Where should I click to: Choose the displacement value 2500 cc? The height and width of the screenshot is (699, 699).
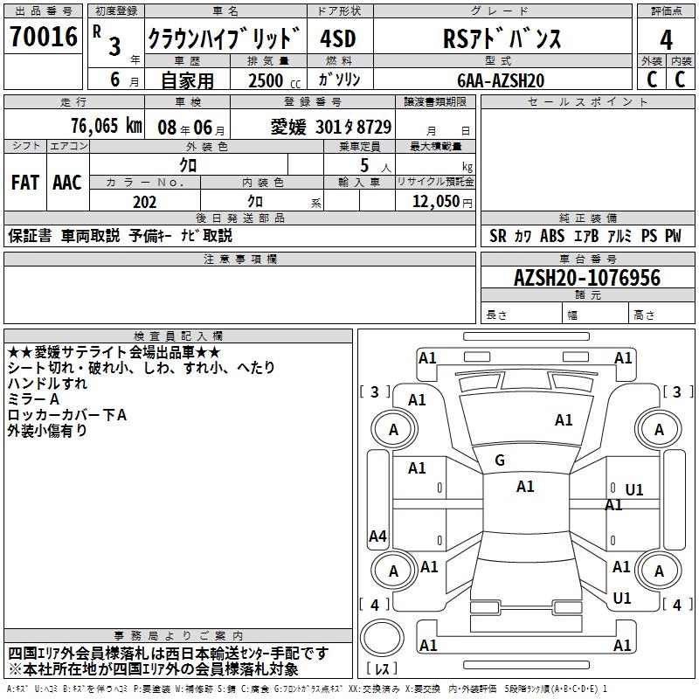267,80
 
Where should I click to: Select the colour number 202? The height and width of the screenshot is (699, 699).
144,202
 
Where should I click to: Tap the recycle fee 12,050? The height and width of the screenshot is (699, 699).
435,202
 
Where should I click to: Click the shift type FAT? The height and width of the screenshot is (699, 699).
24,183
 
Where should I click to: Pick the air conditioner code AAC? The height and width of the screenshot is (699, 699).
66,183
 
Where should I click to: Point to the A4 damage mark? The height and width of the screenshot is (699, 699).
377,536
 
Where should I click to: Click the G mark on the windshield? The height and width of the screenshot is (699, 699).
500,460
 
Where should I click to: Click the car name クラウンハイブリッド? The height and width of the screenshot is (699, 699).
224,39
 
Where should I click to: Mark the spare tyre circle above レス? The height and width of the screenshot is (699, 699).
383,640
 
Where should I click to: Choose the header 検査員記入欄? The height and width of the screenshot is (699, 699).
178,336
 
